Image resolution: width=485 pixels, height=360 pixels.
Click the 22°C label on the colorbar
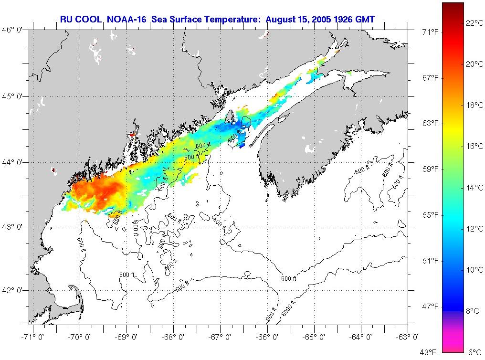[474, 23]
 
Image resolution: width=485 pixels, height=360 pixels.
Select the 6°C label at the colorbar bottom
[474, 352]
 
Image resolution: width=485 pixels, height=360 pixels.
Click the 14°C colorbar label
[474, 188]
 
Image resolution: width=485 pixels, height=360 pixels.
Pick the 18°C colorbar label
[474, 105]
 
